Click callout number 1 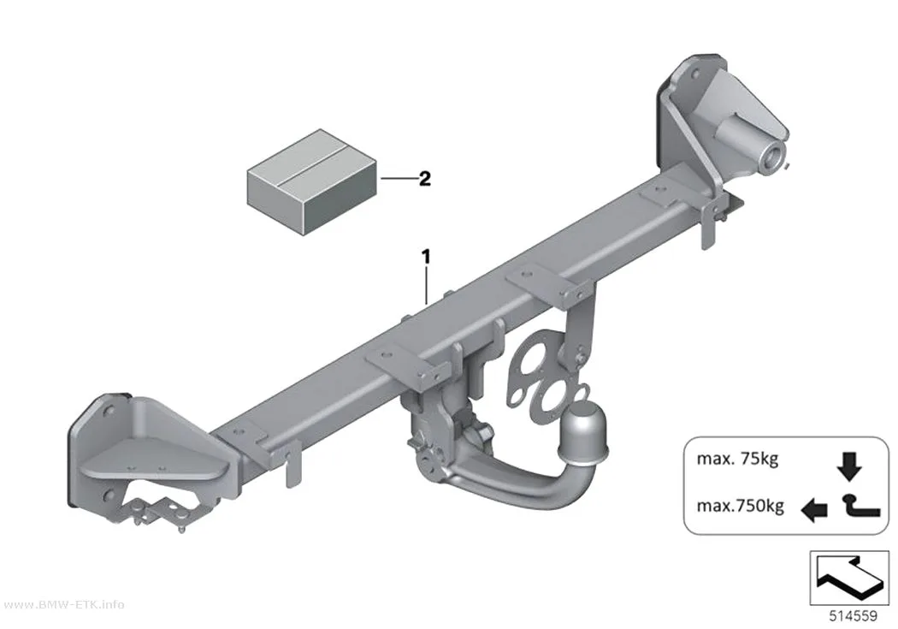tap(426, 258)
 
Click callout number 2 tap(424, 179)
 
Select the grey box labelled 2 tap(312, 181)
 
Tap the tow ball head tap(583, 430)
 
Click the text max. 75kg tap(737, 459)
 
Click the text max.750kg tap(740, 506)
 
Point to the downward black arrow tap(848, 466)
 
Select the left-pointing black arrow tap(814, 509)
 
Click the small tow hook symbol tap(860, 507)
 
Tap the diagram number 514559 tap(853, 616)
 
